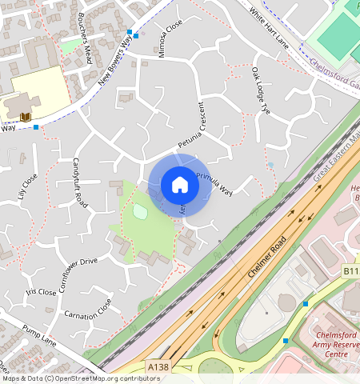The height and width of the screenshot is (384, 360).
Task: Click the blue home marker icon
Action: pyautogui.click(x=180, y=185)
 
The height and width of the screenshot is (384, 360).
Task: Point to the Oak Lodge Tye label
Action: pyautogui.click(x=262, y=94)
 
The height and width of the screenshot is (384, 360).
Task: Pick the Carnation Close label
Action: pyautogui.click(x=87, y=310)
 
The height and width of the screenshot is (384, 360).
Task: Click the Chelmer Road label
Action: pyautogui.click(x=266, y=257)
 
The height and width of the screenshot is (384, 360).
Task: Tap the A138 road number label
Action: pyautogui.click(x=158, y=366)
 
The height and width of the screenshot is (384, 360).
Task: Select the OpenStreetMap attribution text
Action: pyautogui.click(x=80, y=378)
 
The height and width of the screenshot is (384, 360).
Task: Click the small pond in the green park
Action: pyautogui.click(x=141, y=212)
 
